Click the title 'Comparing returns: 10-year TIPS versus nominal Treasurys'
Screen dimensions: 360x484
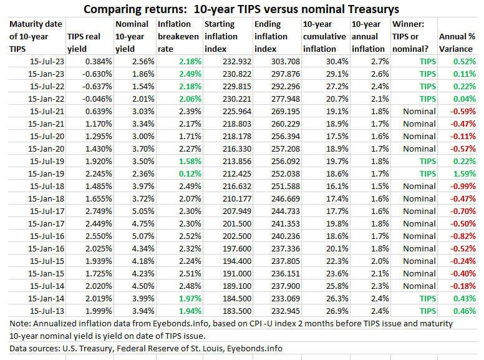coord(241,9)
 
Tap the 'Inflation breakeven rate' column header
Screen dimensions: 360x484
coord(178,37)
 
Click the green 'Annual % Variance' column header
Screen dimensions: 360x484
coord(457,42)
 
